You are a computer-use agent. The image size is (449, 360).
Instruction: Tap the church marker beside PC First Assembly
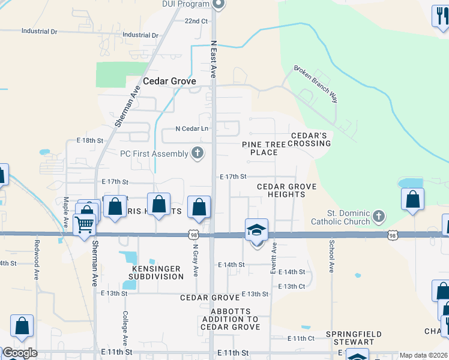click(197, 154)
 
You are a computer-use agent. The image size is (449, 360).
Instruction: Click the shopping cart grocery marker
click(85, 224)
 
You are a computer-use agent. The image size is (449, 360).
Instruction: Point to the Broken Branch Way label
click(316, 83)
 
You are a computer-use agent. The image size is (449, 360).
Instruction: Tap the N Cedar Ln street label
click(191, 128)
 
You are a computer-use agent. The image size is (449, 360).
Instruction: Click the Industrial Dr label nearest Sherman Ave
click(140, 35)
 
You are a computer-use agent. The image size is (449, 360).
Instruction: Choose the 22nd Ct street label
click(196, 21)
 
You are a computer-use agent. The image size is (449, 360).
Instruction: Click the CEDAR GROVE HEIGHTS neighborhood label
click(286, 190)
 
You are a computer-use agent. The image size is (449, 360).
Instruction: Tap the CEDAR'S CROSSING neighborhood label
click(310, 139)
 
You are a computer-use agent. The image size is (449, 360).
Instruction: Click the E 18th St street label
click(91, 140)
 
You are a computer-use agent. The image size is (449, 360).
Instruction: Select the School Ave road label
click(331, 256)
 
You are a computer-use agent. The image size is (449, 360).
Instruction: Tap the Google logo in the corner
click(19, 353)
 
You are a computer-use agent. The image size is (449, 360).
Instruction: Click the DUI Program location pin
click(218, 5)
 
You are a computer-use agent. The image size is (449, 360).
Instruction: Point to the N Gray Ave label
click(195, 260)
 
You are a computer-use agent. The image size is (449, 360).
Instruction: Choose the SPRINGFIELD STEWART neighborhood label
click(350, 338)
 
